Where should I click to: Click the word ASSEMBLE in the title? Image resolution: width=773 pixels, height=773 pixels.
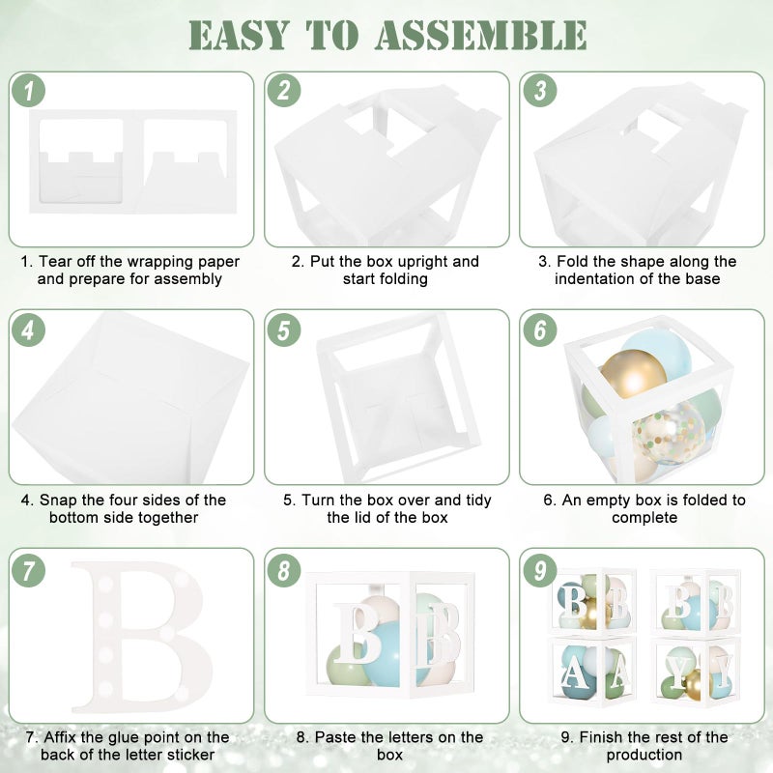[480, 35]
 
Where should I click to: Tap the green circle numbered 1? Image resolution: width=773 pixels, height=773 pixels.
[29, 91]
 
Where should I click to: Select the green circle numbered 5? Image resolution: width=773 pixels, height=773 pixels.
[284, 329]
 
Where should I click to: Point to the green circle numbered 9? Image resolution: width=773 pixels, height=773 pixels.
[540, 570]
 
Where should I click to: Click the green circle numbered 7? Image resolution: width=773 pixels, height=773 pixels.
[29, 570]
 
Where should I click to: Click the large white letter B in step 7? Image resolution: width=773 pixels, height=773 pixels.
[143, 636]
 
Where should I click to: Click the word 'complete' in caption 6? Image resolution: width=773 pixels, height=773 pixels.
[644, 518]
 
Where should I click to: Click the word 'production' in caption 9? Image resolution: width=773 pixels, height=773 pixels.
[644, 756]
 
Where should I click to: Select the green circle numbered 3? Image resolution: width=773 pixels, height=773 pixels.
[540, 91]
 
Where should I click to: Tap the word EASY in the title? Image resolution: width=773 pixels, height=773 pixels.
[238, 35]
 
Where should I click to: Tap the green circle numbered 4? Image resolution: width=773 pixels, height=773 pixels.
[29, 329]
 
